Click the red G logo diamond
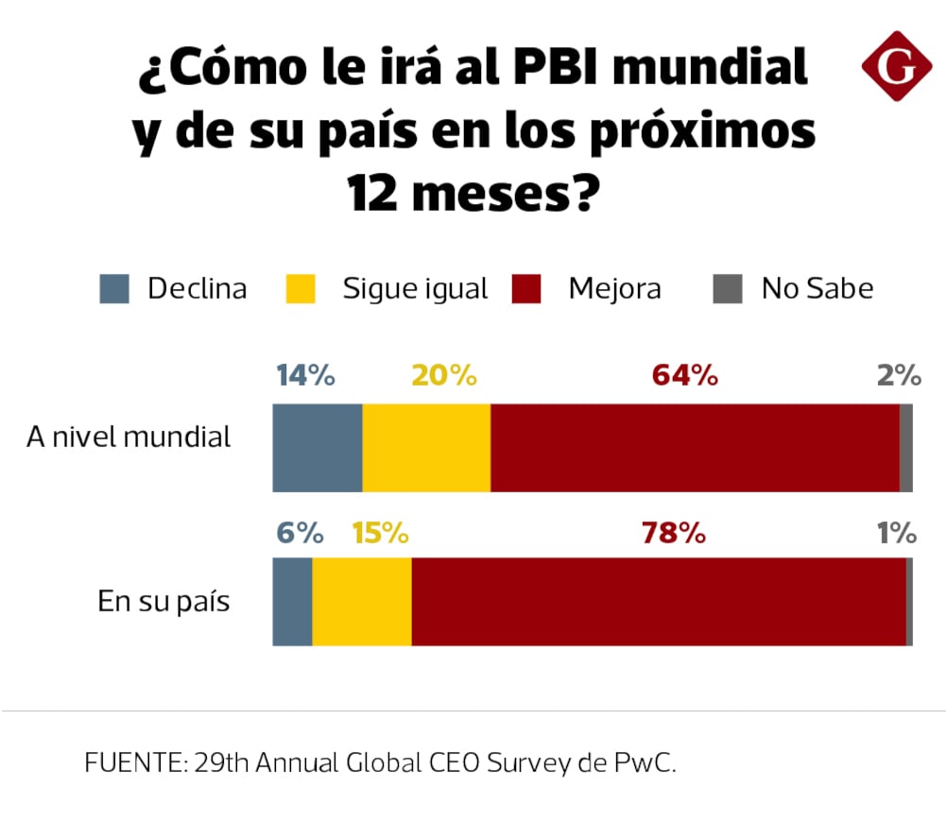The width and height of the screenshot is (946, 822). tap(897, 66)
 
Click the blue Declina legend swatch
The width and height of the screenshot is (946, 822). tap(114, 288)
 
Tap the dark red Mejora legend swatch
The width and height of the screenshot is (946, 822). tap(526, 288)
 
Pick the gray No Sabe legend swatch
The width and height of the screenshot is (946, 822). tap(727, 288)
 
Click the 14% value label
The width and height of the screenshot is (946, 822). tap(305, 376)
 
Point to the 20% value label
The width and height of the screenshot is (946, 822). tap(444, 376)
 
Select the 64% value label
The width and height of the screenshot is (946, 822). tap(685, 376)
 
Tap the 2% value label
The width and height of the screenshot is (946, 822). tap(899, 376)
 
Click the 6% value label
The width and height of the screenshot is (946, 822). tap(300, 534)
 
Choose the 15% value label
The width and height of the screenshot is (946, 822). tap(380, 534)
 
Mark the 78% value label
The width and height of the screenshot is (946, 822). tap(674, 534)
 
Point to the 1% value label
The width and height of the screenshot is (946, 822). tap(897, 534)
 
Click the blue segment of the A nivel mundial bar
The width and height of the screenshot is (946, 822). tap(318, 448)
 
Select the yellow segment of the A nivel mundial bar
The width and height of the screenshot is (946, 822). tap(426, 448)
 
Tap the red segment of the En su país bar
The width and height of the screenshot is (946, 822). tap(659, 602)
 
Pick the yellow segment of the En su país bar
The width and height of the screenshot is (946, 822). tap(362, 602)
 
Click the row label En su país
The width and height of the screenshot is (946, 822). tap(164, 602)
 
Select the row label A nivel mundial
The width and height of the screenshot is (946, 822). tap(129, 437)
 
